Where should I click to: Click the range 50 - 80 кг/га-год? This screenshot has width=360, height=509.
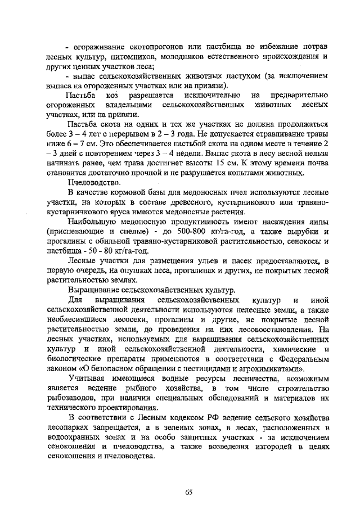109,250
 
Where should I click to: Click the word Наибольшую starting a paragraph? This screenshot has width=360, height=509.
92,222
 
